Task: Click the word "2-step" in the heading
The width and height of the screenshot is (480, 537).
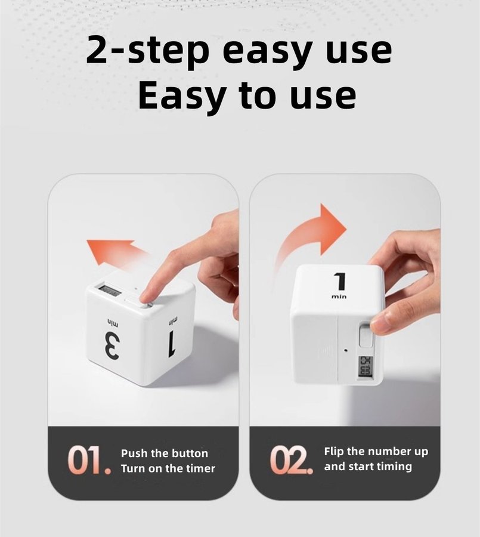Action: click(x=147, y=51)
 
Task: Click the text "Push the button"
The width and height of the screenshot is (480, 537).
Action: click(x=165, y=453)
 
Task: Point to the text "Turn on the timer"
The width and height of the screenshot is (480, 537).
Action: click(x=168, y=468)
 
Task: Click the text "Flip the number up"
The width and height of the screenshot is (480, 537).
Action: click(x=376, y=452)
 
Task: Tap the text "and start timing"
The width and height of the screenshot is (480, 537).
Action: click(x=368, y=467)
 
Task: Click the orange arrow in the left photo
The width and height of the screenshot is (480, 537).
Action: click(x=116, y=253)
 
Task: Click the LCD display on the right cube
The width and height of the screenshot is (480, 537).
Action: click(x=365, y=367)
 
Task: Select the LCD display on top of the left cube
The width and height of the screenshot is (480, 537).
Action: click(x=109, y=291)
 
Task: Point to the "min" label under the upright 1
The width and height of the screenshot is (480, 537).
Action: click(x=339, y=296)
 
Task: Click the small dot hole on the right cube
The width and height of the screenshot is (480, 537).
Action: click(x=345, y=350)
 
